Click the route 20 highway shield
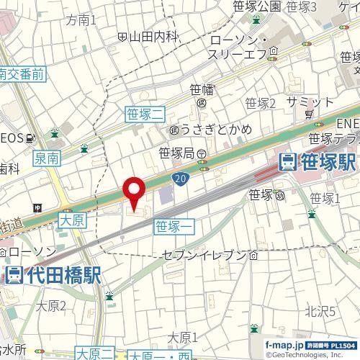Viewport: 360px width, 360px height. coord(181,177)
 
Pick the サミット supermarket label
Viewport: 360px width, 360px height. coord(307,102)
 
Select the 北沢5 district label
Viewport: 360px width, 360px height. coord(320,311)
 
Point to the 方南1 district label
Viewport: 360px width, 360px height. coord(81,19)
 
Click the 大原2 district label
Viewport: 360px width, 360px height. coord(52,306)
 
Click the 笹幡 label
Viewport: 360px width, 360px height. coord(202,90)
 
